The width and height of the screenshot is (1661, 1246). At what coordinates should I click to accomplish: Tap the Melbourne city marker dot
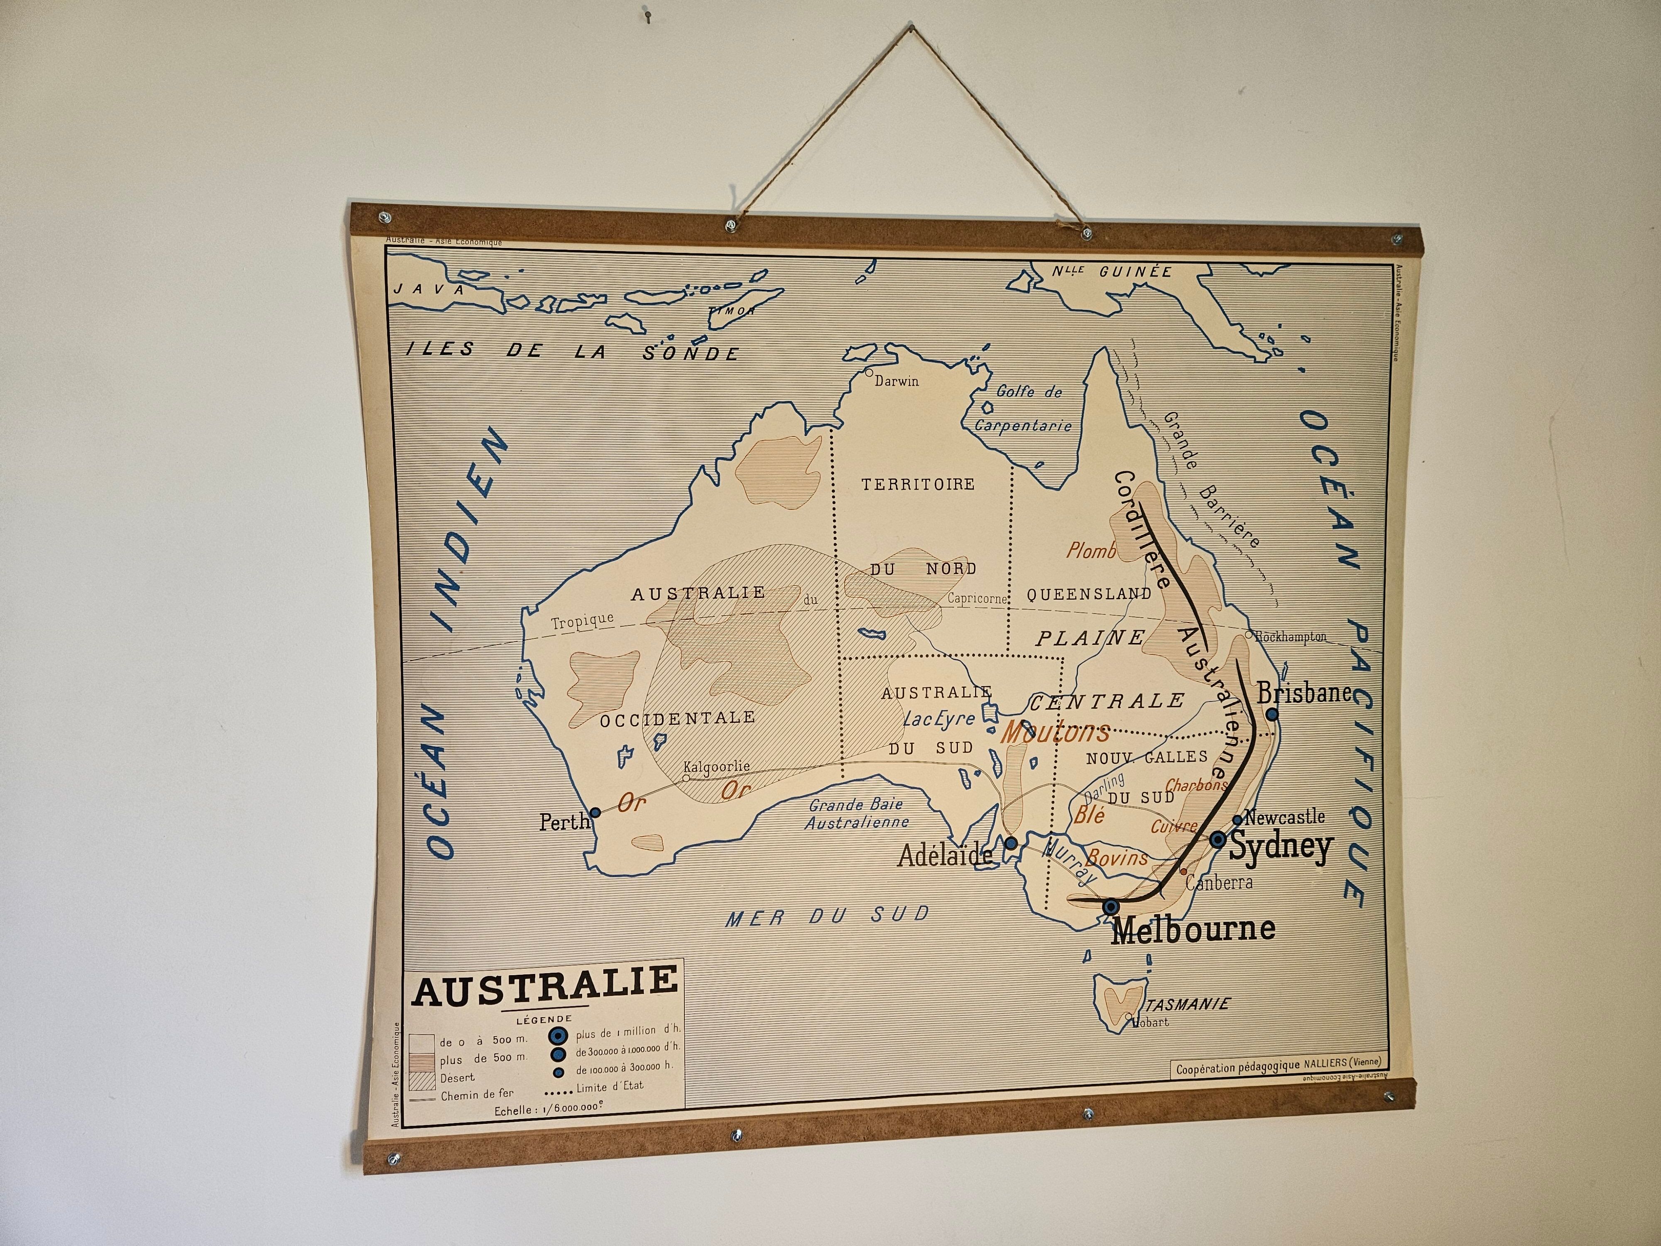(x=1111, y=907)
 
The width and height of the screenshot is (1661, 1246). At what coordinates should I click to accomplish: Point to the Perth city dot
(x=595, y=813)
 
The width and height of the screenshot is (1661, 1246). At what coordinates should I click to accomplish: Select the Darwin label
(x=897, y=381)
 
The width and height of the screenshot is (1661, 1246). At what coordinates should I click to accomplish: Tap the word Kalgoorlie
(x=715, y=767)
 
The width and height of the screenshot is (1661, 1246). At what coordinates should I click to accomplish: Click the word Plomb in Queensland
(x=1091, y=551)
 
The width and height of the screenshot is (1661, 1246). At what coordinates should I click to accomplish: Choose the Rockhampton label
(x=1290, y=637)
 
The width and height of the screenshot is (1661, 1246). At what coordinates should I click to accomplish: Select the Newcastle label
(x=1284, y=817)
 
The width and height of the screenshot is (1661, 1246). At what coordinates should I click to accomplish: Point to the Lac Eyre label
(x=938, y=719)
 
